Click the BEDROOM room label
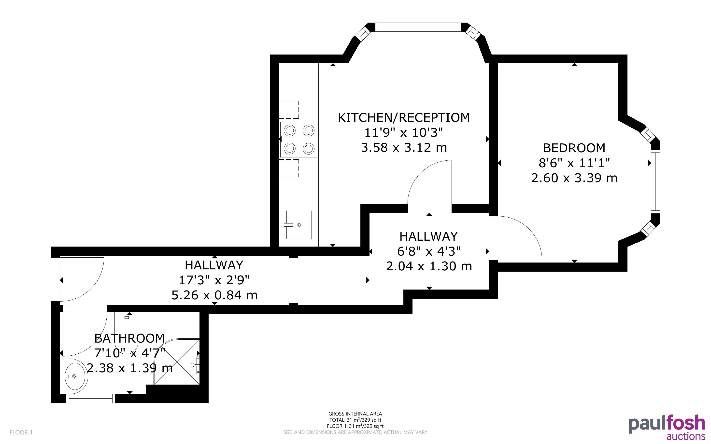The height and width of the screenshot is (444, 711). pos(574,148)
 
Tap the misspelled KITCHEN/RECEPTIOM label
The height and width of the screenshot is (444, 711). pos(404,117)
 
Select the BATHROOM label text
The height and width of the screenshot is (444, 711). pos(129,339)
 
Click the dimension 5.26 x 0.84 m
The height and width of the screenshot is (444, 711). pos(214,295)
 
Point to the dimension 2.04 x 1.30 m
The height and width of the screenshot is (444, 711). pos(429,266)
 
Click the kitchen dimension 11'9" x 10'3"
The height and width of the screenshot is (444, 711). pos(403,132)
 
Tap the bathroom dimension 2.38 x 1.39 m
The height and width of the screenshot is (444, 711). pos(129,368)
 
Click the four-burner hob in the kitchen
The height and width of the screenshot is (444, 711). pos(299,139)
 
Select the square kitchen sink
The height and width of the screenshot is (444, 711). pos(299,225)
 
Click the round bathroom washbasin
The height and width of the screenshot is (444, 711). pos(74,376)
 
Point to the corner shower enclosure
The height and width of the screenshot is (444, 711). pos(177,362)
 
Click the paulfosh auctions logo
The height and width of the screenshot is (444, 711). pos(667,427)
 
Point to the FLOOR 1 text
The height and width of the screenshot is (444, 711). pos(21,432)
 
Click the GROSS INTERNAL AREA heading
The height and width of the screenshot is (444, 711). pos(355,414)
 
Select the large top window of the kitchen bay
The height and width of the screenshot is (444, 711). pos(418,27)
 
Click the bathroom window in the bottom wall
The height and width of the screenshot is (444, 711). pos(90,398)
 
